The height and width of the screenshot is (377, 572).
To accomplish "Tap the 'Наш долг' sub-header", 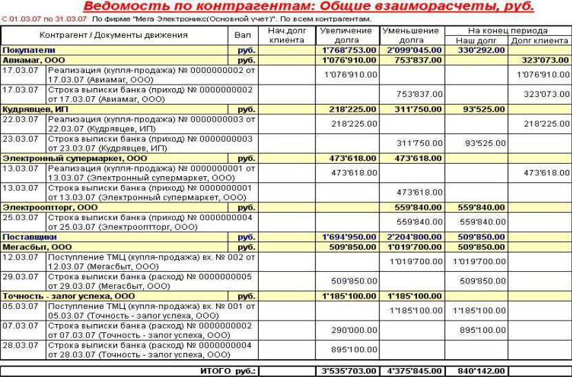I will [x=478, y=41].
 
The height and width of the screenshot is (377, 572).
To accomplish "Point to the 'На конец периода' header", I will [x=508, y=31].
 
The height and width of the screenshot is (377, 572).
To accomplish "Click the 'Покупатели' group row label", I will [x=29, y=50].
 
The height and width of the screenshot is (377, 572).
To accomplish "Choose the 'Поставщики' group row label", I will [x=28, y=237].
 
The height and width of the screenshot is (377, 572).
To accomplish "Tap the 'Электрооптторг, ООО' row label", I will [x=50, y=207].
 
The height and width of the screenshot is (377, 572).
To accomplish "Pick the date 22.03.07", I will [x=16, y=119].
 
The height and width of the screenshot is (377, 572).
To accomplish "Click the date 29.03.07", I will [x=16, y=276].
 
